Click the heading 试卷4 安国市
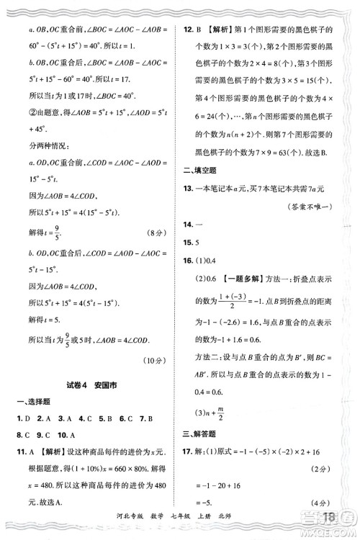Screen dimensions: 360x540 coord(93,385)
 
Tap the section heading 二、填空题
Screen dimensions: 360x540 coord(195,170)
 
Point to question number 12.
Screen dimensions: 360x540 coord(189,30)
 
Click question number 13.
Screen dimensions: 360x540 coord(189,189)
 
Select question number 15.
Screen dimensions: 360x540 coord(189,243)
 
